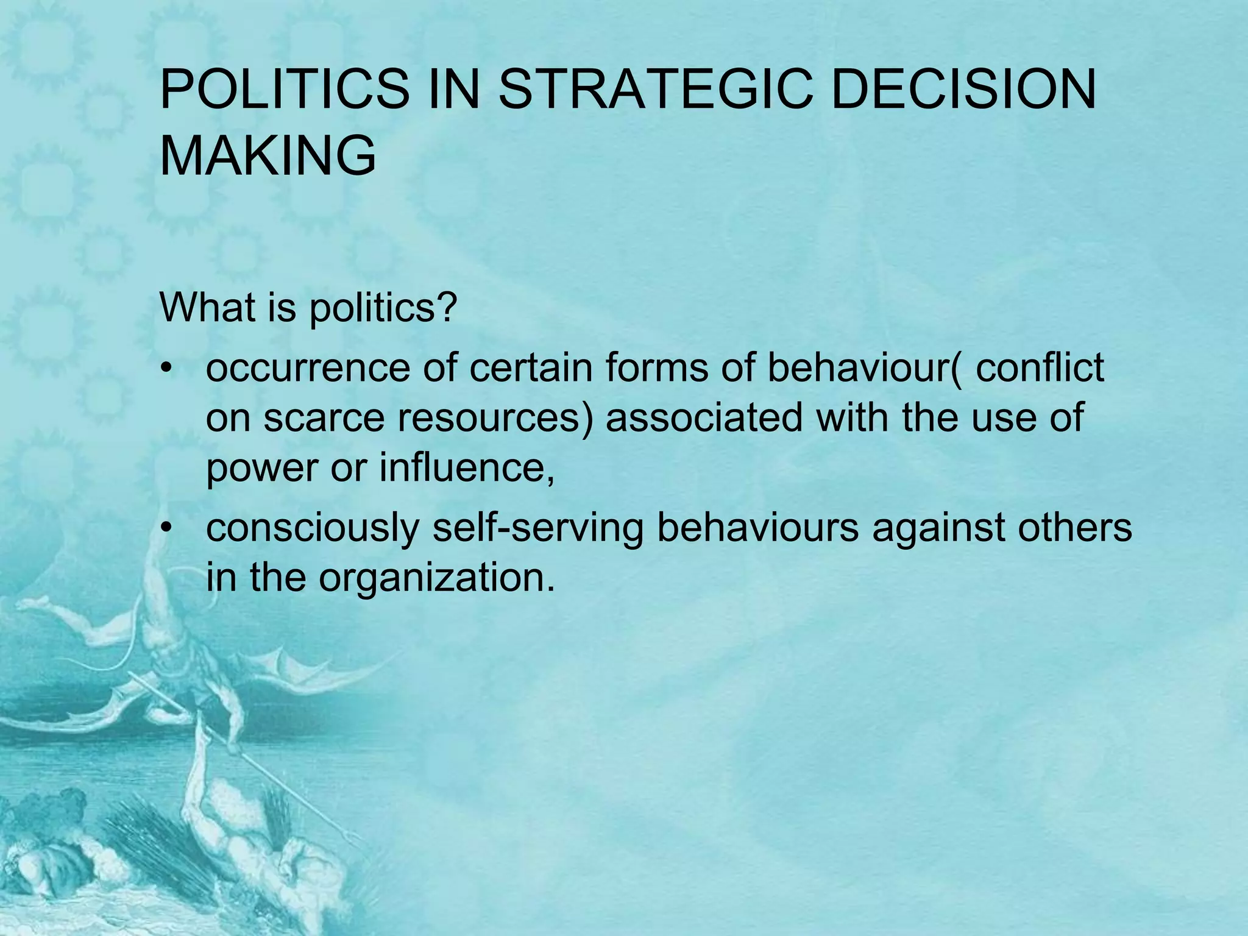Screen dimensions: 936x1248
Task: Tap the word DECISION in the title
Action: pos(963,89)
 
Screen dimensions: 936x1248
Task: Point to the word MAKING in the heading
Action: pos(268,156)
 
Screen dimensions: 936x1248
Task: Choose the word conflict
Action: pos(1040,368)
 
